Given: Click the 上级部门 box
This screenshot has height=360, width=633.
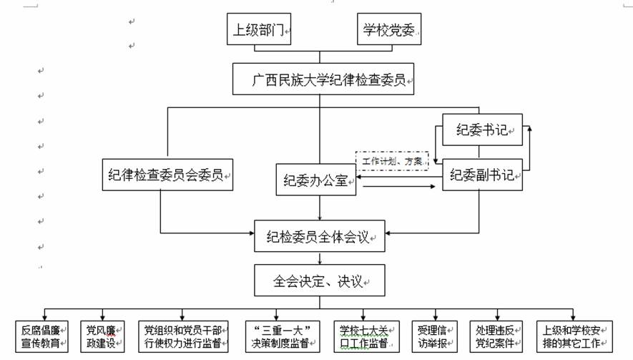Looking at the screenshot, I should click(x=259, y=31).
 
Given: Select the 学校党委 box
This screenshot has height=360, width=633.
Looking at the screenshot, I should click(x=388, y=31).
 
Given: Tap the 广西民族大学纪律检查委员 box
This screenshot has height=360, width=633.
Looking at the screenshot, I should click(x=323, y=79).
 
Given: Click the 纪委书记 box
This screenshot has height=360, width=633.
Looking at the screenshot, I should click(x=482, y=130).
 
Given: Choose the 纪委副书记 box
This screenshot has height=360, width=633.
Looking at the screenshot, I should click(x=482, y=174).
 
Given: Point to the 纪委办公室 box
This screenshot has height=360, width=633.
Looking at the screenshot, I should click(x=316, y=179).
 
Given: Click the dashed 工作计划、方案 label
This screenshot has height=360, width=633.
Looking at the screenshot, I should click(x=392, y=161).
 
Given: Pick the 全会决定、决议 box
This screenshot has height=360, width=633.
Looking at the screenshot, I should click(x=320, y=281).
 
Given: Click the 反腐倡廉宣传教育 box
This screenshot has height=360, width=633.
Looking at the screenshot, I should click(x=42, y=336).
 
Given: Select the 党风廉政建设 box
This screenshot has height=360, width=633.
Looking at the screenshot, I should click(x=102, y=336).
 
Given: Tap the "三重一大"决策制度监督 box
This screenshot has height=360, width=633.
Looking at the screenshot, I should click(x=281, y=336).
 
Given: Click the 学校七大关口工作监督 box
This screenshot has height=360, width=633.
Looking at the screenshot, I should click(x=363, y=336).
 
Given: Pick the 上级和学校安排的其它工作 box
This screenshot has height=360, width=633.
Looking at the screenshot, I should click(x=574, y=336).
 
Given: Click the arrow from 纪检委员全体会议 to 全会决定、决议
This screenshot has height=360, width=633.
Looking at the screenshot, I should click(x=320, y=258).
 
